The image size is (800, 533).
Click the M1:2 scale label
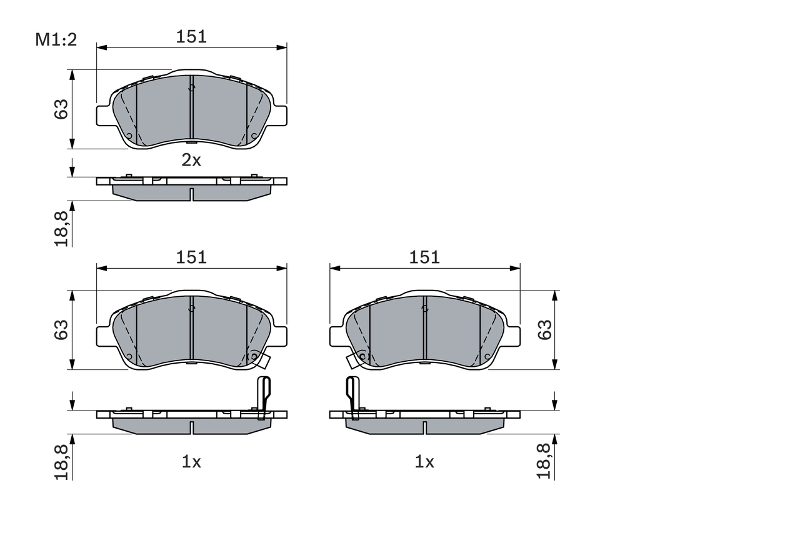point(56,40)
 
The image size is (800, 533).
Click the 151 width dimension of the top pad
point(191,37)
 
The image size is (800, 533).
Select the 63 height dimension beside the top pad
point(61,110)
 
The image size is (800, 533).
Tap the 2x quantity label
point(191,161)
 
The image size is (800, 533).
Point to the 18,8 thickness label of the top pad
point(61,229)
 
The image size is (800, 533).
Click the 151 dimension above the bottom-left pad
point(191,257)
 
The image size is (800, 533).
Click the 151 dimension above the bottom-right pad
point(424,257)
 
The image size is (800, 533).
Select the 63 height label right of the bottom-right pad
point(545,329)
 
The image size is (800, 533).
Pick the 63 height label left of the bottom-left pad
point(61,329)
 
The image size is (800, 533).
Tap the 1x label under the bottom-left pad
point(191,462)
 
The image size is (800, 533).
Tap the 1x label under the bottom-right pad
point(424,462)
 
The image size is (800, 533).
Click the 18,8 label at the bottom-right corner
point(545,462)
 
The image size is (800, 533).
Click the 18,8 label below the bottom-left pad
point(61,462)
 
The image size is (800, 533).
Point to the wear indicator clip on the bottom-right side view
point(352,396)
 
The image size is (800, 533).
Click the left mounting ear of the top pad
point(103,115)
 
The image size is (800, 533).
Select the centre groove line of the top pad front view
point(191,109)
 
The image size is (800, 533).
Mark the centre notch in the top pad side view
point(191,194)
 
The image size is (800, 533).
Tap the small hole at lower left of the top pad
point(129,136)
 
